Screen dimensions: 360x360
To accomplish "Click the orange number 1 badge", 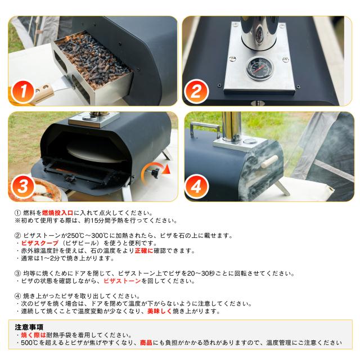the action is point(23,92).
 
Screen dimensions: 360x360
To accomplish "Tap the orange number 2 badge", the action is point(196,92).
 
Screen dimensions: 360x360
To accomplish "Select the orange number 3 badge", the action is point(23,186).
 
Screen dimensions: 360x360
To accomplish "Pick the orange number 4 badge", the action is point(196,186).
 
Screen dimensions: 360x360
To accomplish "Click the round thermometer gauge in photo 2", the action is point(259,68).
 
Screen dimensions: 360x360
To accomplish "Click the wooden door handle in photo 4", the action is point(269,161).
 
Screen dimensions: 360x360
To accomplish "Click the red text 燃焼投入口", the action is point(57,213).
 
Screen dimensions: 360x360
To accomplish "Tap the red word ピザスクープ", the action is point(40,243).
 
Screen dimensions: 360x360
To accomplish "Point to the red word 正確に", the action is point(144,250).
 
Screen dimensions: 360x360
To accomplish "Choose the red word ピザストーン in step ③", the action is point(122,281).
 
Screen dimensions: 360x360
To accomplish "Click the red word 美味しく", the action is point(160,311).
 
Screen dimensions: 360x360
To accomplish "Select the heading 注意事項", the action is point(29,327).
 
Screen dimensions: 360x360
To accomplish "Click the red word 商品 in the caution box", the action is point(146,343).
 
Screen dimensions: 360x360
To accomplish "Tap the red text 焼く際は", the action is point(34,335).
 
